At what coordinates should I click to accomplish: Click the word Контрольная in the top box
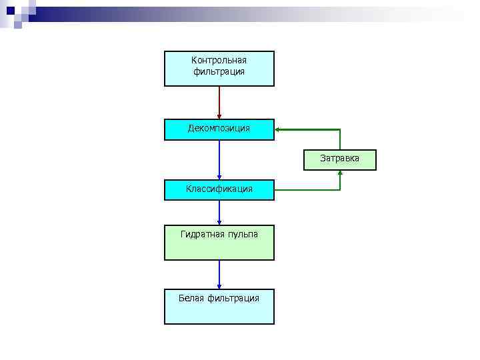click(219, 61)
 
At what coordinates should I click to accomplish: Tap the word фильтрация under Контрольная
click(219, 71)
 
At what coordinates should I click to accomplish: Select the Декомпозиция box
click(219, 129)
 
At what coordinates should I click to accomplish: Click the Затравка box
click(339, 159)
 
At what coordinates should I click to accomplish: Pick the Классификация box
click(219, 189)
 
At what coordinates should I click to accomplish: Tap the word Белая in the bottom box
click(191, 298)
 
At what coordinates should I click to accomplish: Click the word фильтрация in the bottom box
click(233, 298)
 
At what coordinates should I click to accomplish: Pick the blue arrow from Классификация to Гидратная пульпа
click(219, 211)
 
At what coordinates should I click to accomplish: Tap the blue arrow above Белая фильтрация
click(219, 273)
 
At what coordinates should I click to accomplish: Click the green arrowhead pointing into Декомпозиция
click(278, 129)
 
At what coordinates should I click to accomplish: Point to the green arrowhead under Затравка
click(340, 173)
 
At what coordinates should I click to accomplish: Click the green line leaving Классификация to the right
click(307, 190)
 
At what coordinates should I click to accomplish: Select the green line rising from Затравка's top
click(340, 139)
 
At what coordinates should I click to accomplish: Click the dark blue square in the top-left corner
click(10, 10)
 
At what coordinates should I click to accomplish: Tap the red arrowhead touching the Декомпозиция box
click(219, 117)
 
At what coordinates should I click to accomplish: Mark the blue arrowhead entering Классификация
click(219, 177)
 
